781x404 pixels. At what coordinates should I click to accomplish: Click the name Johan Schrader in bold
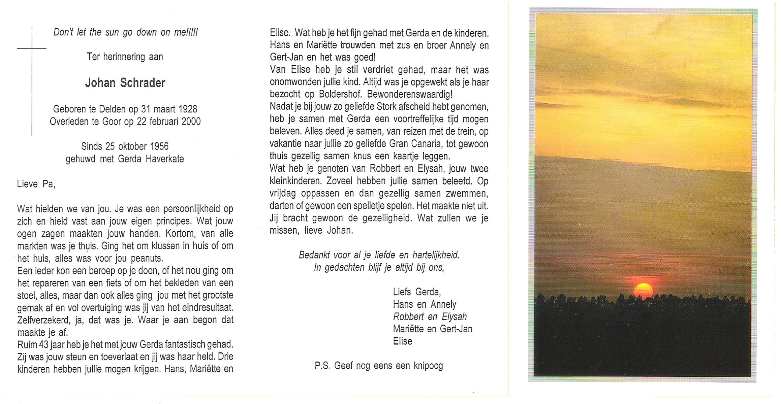[x=125, y=83]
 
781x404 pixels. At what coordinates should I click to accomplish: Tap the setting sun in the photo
[x=643, y=291]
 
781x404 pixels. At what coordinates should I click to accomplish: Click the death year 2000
[x=191, y=121]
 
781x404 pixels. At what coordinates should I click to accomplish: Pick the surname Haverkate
[x=165, y=159]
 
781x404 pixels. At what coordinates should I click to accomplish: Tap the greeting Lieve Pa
[x=36, y=184]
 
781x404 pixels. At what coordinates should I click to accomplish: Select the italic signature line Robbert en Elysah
[x=430, y=316]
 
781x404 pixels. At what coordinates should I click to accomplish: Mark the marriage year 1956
[x=159, y=146]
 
